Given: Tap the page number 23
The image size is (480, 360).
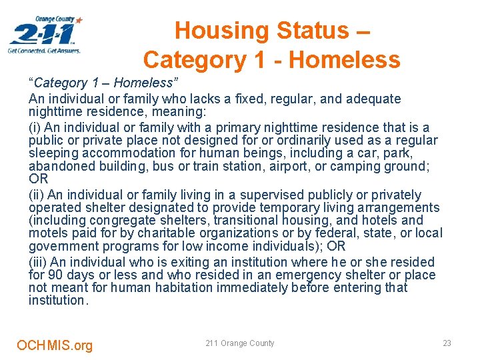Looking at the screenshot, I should click(x=447, y=343).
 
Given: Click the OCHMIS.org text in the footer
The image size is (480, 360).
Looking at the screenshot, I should click(x=55, y=345).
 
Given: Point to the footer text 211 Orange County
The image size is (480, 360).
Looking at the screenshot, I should click(x=239, y=343).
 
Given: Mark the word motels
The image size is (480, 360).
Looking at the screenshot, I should click(x=48, y=233).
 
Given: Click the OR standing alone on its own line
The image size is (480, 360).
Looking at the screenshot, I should click(x=38, y=179).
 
